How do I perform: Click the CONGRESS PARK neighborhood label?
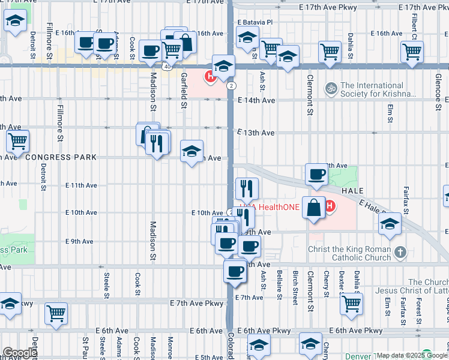pyautogui.click(x=61, y=157)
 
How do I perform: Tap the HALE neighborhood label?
pyautogui.click(x=352, y=190)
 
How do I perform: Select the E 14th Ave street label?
pyautogui.click(x=256, y=101)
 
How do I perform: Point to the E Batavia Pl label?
pyautogui.click(x=255, y=22)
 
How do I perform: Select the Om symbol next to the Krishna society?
pyautogui.click(x=329, y=89)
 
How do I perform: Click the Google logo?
pyautogui.click(x=20, y=353)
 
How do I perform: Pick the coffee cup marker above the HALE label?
pyautogui.click(x=316, y=175)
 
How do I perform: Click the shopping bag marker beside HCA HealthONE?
pyautogui.click(x=313, y=208)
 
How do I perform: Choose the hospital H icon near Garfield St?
pyautogui.click(x=210, y=77)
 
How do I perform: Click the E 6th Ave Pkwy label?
pyautogui.click(x=264, y=331)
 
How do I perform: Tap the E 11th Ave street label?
pyautogui.click(x=82, y=185)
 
